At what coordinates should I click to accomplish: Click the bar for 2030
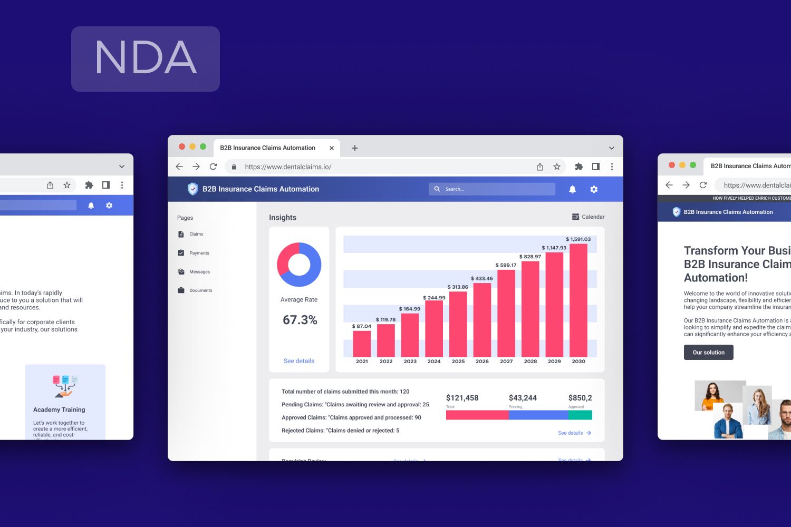578,300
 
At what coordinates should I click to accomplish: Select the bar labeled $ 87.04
362,344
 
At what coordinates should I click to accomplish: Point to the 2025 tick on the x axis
458,362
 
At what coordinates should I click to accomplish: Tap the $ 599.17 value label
506,265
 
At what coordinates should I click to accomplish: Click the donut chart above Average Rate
299,265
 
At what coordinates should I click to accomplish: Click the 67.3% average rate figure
300,320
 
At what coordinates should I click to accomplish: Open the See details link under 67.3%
299,361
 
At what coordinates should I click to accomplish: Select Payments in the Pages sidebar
199,253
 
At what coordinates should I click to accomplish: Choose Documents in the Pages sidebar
200,290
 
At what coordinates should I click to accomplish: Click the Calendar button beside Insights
589,217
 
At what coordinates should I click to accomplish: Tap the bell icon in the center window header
572,189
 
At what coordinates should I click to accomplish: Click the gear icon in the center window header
594,189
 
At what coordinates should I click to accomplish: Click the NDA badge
146,59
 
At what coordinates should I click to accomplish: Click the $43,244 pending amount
523,398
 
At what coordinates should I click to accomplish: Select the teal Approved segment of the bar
580,415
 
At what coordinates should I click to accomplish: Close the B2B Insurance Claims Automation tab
332,148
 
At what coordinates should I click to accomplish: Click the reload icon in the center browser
213,167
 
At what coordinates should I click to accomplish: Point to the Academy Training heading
59,409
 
